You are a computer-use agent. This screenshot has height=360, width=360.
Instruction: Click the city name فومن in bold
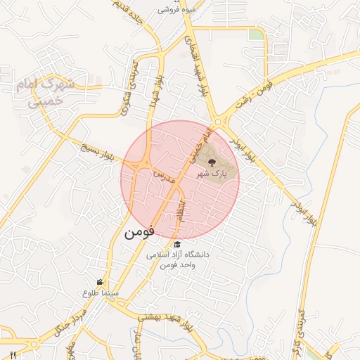tap(140, 233)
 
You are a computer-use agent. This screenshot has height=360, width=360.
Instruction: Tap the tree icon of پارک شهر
tap(213, 164)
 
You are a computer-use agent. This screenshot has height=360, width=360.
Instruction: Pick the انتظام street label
tap(182, 212)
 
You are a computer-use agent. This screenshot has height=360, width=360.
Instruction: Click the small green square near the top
tap(255, 34)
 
